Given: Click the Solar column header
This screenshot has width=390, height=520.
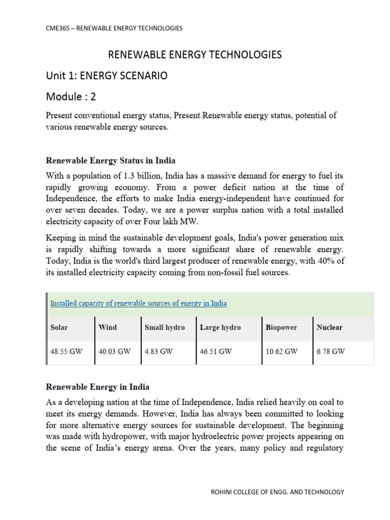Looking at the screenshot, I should [x=59, y=328].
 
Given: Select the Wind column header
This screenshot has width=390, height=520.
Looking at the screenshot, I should [x=108, y=328].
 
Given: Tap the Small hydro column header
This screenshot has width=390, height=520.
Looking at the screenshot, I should [x=165, y=328].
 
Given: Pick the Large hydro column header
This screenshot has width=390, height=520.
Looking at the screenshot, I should [x=220, y=328].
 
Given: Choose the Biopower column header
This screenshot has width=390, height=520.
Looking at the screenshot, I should [x=281, y=328].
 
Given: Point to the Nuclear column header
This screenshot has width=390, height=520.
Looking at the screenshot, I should [x=330, y=328].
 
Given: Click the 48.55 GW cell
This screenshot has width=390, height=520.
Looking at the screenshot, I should [x=66, y=351].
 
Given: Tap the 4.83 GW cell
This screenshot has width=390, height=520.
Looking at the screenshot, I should [x=159, y=351].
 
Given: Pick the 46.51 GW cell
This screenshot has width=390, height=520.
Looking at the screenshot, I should [x=216, y=351].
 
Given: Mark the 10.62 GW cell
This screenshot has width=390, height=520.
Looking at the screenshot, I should [x=281, y=351].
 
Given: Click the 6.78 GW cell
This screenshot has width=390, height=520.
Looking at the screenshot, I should [x=331, y=351].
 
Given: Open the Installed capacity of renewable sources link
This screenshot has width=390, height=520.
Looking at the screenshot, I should [x=138, y=304].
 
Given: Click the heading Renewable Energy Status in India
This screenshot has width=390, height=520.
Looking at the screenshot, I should [x=111, y=160].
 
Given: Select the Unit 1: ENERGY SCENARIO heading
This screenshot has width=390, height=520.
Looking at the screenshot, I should [x=106, y=76].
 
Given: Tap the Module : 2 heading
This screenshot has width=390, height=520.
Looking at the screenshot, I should [x=71, y=96].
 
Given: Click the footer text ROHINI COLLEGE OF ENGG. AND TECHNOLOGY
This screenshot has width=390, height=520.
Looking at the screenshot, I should [x=277, y=492].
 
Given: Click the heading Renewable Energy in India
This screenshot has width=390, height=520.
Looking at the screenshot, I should [x=97, y=387].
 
